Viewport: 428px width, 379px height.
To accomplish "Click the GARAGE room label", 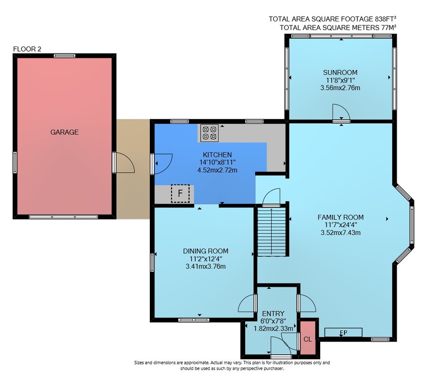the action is pos(65,132).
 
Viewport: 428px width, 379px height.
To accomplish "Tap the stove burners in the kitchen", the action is pos(209,133).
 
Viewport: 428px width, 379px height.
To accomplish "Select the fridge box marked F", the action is pos(180,193).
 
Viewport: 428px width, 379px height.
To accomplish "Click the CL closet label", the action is pos(308,339).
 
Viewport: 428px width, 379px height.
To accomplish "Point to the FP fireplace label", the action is pos(343,333).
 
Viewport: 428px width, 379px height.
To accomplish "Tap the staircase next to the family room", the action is pos(272,232).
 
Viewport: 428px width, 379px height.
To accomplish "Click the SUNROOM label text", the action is pos(340,73).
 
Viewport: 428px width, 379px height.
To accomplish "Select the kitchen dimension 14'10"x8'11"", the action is pos(217,163).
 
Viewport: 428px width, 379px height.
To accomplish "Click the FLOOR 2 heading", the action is pos(27,49).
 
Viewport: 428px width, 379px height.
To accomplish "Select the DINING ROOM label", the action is pos(205,251).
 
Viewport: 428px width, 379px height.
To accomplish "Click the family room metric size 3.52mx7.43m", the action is pos(340,233).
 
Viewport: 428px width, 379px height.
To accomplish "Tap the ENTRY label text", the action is pos(273,314).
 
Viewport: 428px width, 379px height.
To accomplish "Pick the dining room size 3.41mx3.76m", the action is pos(205,266).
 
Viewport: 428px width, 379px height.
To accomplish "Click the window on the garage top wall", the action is pos(65,56).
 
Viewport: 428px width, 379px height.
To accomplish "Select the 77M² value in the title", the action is pos(389,27).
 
